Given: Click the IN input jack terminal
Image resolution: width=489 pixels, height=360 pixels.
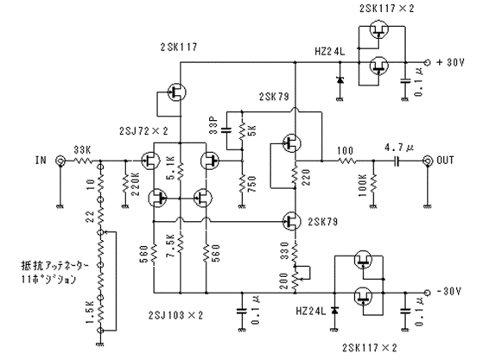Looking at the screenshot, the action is tap(60, 161).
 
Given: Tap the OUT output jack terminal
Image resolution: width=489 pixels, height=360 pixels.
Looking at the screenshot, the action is tap(428, 161).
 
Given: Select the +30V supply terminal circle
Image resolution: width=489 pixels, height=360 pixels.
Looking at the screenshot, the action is tap(428, 62).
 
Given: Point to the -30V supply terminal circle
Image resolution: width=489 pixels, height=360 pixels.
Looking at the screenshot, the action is tap(428, 293).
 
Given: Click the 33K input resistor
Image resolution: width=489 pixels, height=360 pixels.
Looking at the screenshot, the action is tap(83, 161).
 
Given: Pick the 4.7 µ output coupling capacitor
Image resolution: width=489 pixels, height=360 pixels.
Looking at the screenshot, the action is tap(397, 161).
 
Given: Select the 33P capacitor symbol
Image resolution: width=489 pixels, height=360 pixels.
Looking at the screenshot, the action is tap(226, 130).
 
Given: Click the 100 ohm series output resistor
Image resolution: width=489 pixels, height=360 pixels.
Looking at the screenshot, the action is tap(346, 161).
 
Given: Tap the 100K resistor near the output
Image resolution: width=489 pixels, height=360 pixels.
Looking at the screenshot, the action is tap(373, 184).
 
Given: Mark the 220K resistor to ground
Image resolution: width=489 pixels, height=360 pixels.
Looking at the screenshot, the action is tap(125, 184).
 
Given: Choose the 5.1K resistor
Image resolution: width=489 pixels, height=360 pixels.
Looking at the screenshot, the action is tap(180, 172).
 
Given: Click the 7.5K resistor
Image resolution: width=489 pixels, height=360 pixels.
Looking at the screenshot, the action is tap(180, 243).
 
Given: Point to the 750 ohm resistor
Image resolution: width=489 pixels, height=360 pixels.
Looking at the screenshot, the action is tap(242, 184).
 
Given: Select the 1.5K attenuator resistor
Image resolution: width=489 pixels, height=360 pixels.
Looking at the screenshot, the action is tap(100, 313).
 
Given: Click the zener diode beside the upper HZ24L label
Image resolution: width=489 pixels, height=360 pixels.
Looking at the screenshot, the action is tap(340, 80).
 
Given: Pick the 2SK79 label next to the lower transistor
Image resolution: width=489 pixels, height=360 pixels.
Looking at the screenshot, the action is tap(323, 222).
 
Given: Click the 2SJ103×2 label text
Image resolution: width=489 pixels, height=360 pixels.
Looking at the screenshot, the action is tap(175, 315).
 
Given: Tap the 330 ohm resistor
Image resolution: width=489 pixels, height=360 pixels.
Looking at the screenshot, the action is tap(295, 252).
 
